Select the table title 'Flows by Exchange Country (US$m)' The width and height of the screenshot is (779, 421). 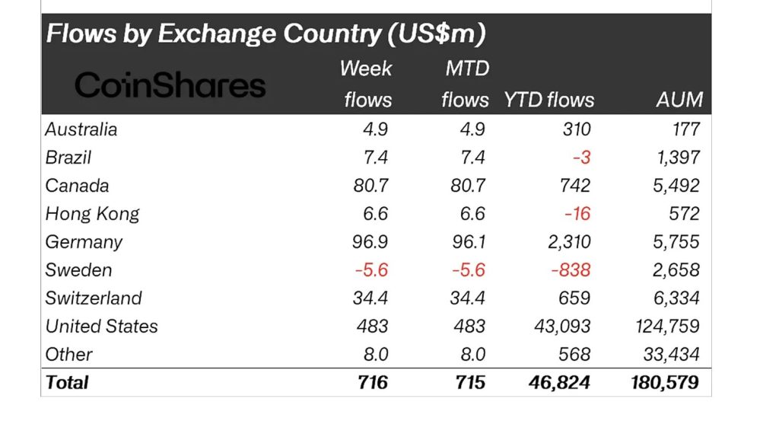pyautogui.click(x=266, y=34)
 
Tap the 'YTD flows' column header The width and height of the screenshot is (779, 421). pyautogui.click(x=548, y=100)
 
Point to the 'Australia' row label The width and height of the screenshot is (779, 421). pyautogui.click(x=81, y=129)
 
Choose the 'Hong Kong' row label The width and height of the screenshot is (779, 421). pyautogui.click(x=92, y=214)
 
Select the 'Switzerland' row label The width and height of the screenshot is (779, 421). pyautogui.click(x=94, y=298)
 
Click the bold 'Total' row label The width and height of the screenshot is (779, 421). pyautogui.click(x=67, y=382)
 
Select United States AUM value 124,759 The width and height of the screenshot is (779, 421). pyautogui.click(x=666, y=327)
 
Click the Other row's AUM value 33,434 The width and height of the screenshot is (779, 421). pyautogui.click(x=670, y=354)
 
